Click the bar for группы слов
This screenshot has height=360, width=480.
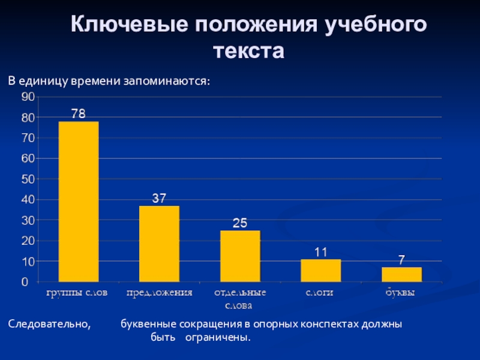coord(79,202)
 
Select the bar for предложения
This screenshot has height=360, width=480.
coord(159,244)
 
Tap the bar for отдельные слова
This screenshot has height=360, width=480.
coord(240,256)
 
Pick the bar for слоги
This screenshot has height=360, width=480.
coord(320,271)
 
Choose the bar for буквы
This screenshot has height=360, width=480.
coord(401,274)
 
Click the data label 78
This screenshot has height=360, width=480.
coord(79,113)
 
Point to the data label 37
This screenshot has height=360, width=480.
coord(159,197)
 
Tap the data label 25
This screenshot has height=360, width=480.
coord(240,223)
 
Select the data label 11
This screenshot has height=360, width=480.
coord(320,252)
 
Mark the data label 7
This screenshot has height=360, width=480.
coord(401,259)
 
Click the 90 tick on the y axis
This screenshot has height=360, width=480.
coord(28,97)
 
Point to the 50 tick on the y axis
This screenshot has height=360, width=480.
coord(28,179)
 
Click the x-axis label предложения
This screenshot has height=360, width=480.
coord(159,293)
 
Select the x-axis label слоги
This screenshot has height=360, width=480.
coord(320,293)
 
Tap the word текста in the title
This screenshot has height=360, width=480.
coord(248,51)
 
